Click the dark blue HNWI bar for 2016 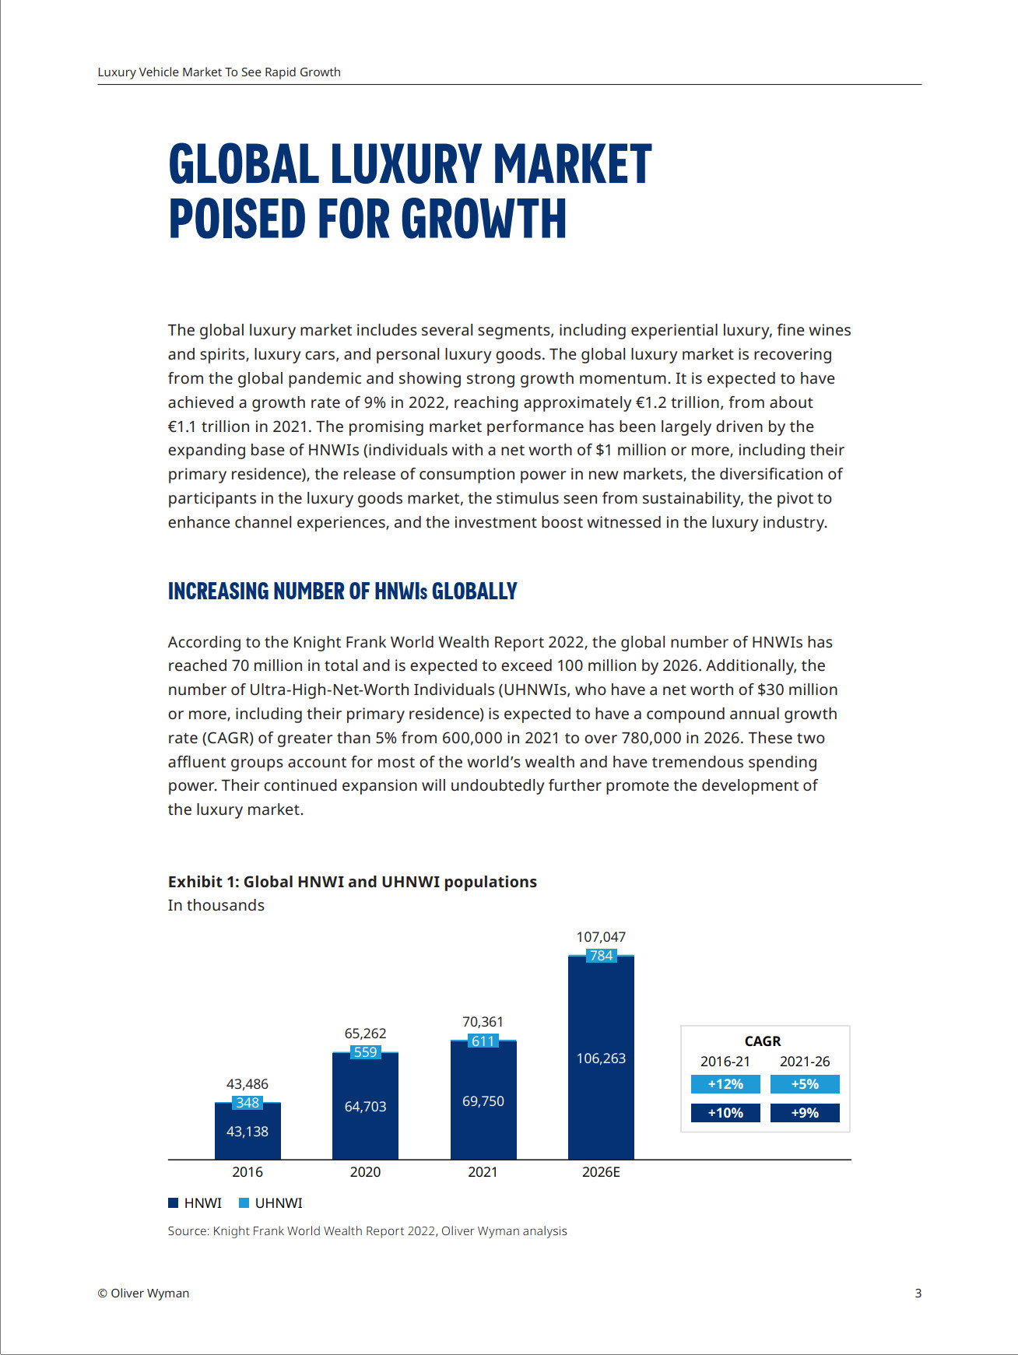pos(247,1133)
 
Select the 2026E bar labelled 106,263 pos(601,1058)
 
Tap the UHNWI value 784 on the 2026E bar pos(601,956)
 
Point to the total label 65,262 pos(365,1034)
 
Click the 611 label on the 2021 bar pos(483,1041)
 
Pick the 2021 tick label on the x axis pos(483,1172)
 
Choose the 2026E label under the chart pos(601,1172)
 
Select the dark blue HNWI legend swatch pos(174,1203)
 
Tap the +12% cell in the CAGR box pos(725,1084)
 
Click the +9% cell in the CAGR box pos(805,1113)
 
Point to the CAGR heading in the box pos(763,1041)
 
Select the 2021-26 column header pos(805,1062)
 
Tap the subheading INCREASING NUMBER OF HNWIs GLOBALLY pos(342,591)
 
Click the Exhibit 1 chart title pos(352,882)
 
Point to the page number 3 pos(918,1294)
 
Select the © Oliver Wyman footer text pos(143,1294)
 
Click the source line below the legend pos(367,1231)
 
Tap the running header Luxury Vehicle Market pos(219,72)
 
